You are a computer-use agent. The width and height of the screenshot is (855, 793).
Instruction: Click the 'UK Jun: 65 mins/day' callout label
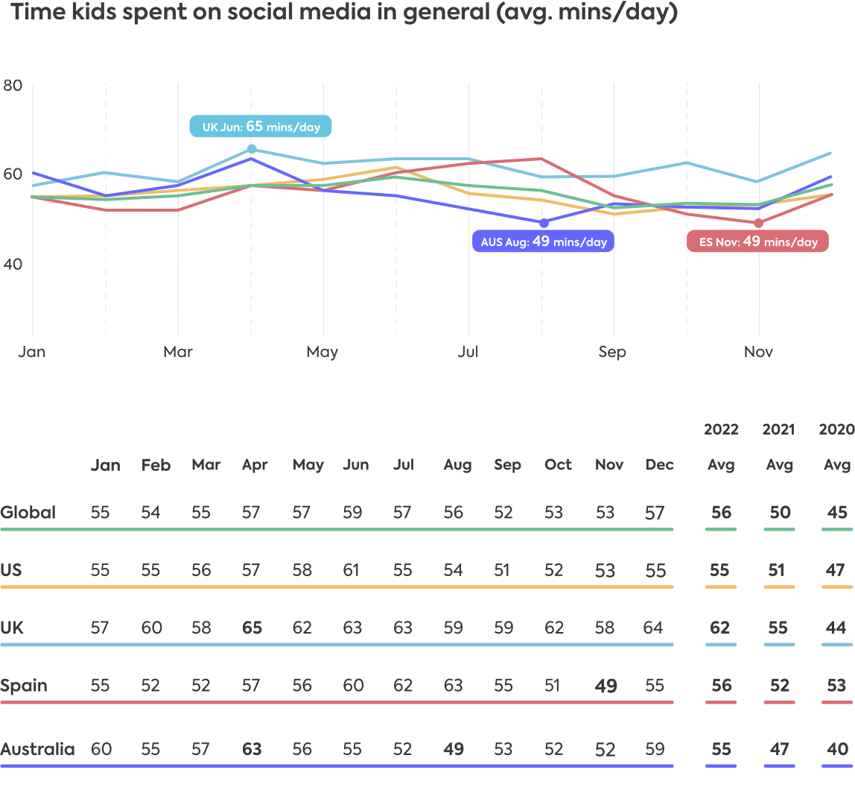tap(261, 127)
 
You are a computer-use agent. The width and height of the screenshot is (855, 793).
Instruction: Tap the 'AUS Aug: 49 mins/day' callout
tap(542, 241)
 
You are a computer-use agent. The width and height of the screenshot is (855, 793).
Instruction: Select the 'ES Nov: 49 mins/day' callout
tap(757, 241)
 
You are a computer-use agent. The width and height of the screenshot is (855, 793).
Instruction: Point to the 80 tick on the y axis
tap(13, 85)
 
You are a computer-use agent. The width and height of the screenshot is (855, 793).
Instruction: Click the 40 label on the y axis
tap(13, 264)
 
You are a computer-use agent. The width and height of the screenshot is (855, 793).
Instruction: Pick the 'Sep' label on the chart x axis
tap(612, 352)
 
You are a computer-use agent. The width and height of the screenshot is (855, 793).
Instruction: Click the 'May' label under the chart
tap(322, 352)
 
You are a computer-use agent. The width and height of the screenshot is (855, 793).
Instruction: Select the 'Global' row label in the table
tap(28, 513)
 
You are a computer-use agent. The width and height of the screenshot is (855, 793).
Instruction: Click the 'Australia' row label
tap(37, 749)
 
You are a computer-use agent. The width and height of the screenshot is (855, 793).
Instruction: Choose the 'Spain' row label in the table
tap(24, 686)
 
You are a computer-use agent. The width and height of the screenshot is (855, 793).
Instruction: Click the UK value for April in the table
tap(252, 628)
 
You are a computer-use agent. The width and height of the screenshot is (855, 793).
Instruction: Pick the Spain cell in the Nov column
tap(606, 686)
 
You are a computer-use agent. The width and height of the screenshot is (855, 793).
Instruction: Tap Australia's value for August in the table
tap(454, 749)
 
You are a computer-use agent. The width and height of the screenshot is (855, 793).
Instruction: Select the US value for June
tap(354, 571)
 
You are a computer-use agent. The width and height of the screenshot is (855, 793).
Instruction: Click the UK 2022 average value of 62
tap(721, 628)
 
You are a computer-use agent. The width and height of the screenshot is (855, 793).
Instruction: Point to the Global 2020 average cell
tap(836, 513)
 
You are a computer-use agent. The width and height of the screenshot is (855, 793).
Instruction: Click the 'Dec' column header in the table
tap(659, 465)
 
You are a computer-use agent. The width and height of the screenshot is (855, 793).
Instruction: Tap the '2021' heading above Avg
tap(778, 429)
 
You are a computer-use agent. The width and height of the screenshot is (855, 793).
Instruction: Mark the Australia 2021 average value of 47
tap(778, 749)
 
